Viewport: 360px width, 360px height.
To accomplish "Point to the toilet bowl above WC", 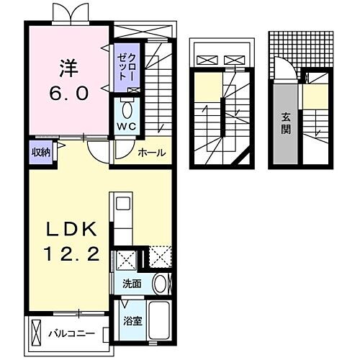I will coord(127,109).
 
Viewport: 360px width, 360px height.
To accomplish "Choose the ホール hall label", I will coord(151,153).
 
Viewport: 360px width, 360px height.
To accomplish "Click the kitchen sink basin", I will coord(122,204).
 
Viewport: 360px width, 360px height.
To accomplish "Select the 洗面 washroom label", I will coord(130,284).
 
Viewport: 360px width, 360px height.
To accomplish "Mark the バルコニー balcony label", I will coord(71,333).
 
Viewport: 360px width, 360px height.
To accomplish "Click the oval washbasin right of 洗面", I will coord(162,283).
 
